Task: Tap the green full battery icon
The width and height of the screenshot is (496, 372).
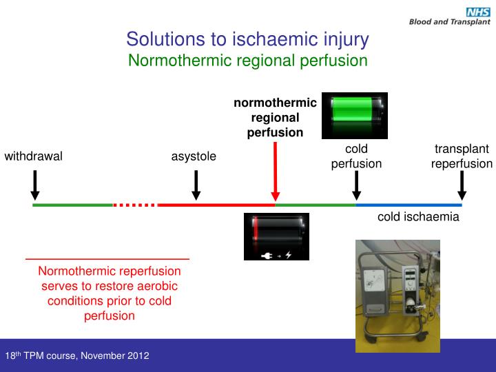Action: [355, 110]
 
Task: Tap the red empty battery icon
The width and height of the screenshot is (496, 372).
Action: [276, 236]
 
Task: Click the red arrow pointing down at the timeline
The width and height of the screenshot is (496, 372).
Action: [276, 172]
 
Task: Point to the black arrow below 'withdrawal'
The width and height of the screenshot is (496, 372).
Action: [35, 184]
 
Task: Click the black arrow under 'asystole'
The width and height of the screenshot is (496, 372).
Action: [196, 184]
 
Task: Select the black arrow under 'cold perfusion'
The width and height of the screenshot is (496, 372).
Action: [356, 185]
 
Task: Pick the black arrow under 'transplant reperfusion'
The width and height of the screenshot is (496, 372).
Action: [462, 185]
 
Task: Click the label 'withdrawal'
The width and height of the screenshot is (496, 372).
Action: [34, 156]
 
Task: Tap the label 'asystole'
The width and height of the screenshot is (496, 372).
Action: [194, 156]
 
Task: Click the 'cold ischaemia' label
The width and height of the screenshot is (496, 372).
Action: [418, 218]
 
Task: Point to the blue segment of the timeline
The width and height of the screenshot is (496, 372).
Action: [409, 205]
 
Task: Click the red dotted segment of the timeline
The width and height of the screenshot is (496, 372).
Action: [135, 205]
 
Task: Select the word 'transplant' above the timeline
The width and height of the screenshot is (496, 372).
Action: [462, 149]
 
